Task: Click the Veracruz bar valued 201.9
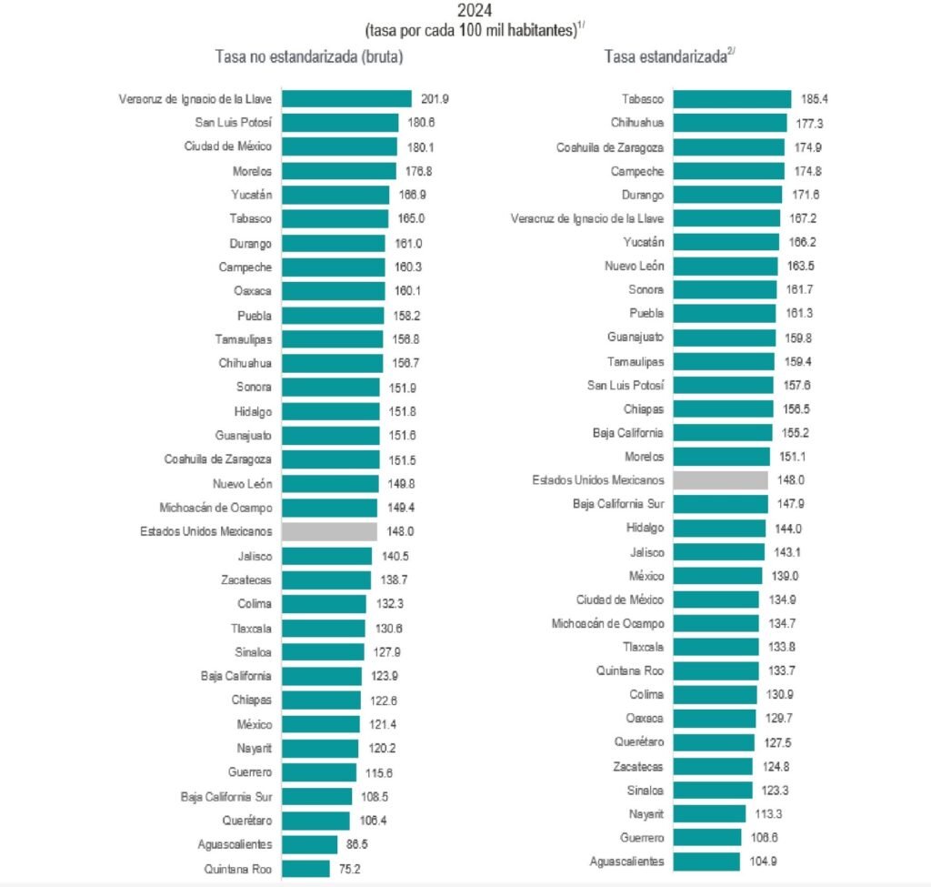click(346, 98)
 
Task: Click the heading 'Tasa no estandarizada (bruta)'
click(309, 56)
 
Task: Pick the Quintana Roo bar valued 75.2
click(305, 868)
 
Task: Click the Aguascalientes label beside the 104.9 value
click(626, 861)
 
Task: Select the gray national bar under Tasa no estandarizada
click(329, 531)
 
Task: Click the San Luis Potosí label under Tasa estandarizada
click(626, 385)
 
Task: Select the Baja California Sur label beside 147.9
click(618, 503)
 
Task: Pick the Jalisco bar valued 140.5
click(326, 555)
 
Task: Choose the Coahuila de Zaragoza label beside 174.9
click(610, 147)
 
